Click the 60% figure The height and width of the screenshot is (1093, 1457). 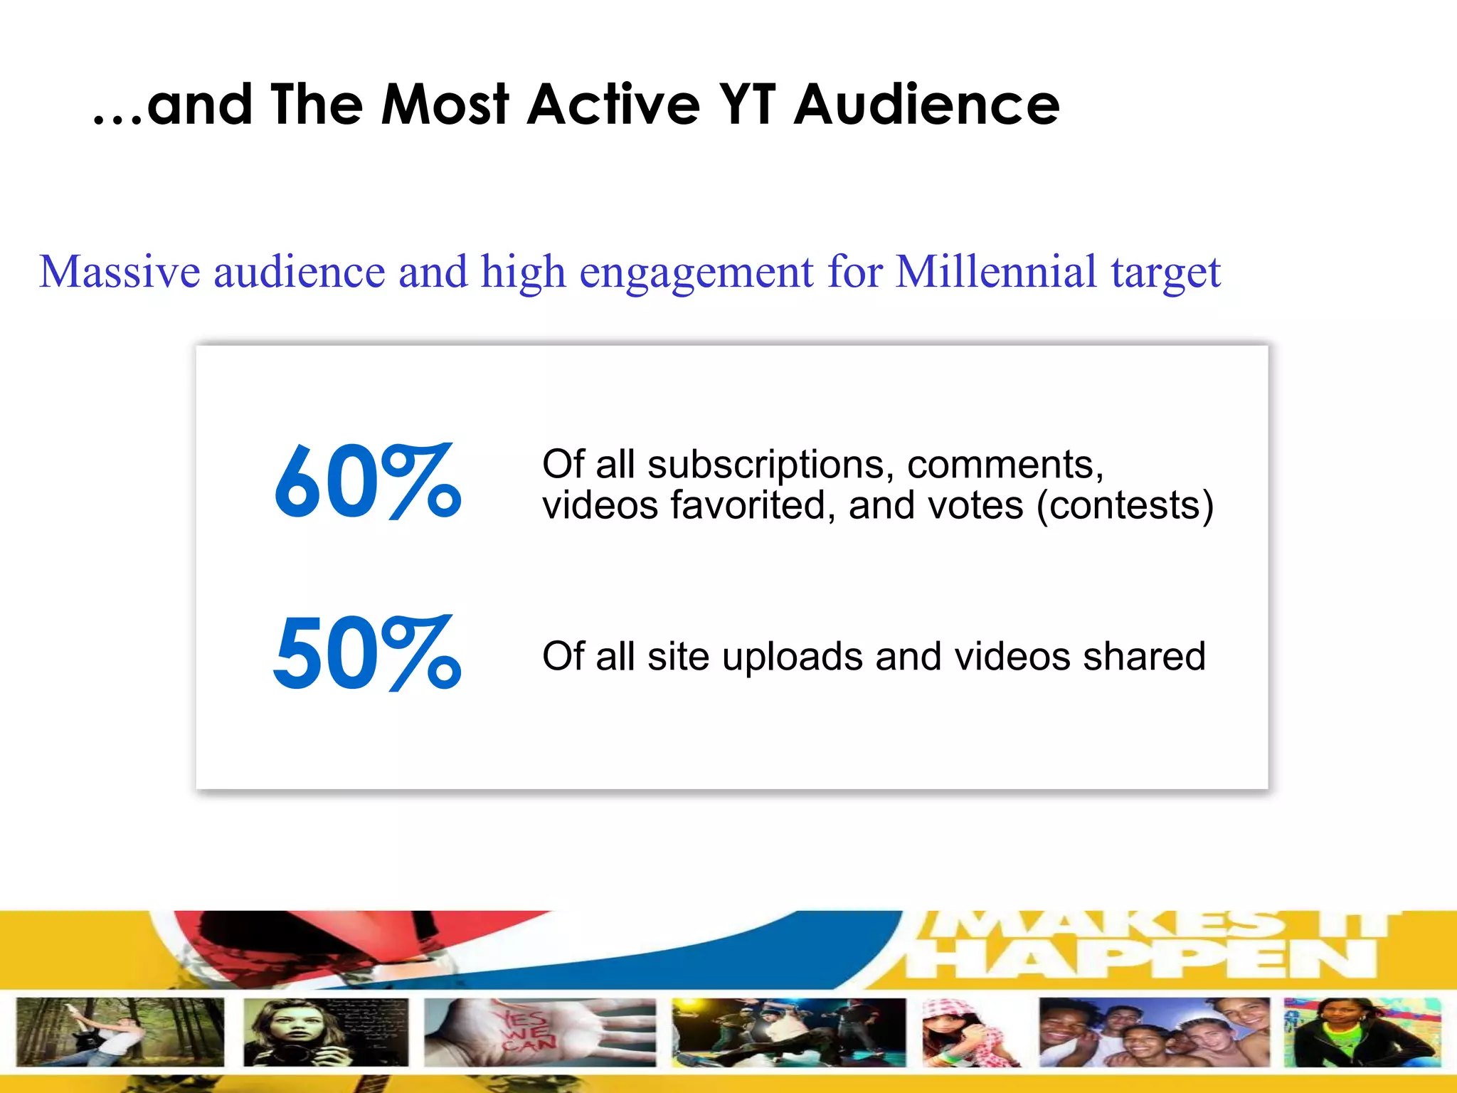tap(368, 482)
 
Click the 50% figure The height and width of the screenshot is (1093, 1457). tap(368, 653)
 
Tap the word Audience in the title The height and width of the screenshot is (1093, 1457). tap(927, 105)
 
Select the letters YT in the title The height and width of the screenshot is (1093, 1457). tap(747, 105)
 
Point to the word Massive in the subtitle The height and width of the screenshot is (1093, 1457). tap(120, 272)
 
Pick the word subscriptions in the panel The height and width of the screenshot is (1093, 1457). tap(766, 465)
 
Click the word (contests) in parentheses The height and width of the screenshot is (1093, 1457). tap(1125, 506)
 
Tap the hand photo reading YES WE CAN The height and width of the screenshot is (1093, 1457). tap(539, 1033)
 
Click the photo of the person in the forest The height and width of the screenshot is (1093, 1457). tap(120, 1033)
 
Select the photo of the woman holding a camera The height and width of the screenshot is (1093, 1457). tap(325, 1033)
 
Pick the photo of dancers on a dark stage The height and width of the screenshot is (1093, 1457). tap(788, 1033)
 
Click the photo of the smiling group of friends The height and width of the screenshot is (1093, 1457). tap(1154, 1033)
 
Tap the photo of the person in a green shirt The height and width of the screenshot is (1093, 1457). tap(1362, 1033)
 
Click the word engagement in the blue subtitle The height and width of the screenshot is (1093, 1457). tap(696, 272)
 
